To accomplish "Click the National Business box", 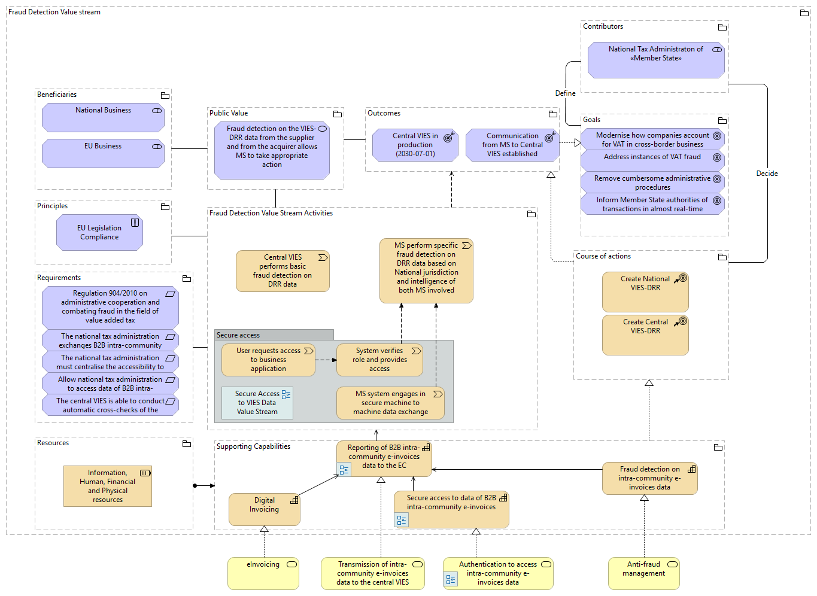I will pyautogui.click(x=103, y=117).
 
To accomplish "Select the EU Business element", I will pyautogui.click(x=103, y=153).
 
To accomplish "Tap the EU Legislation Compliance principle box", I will pyautogui.click(x=99, y=233).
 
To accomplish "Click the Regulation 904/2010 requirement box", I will pyautogui.click(x=110, y=307).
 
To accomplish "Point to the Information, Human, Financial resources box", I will pyautogui.click(x=108, y=486).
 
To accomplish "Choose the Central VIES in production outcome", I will pyautogui.click(x=415, y=145).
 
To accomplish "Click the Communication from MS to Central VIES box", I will pyautogui.click(x=512, y=145).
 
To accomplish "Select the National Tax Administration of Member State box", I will pyautogui.click(x=656, y=60).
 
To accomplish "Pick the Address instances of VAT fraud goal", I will pyautogui.click(x=652, y=159).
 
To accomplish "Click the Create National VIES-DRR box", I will pyautogui.click(x=645, y=292).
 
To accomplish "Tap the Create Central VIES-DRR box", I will pyautogui.click(x=645, y=335).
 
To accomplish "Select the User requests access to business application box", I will pyautogui.click(x=268, y=360).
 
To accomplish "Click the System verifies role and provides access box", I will pyautogui.click(x=379, y=360).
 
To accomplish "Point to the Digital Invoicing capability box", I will pyautogui.click(x=264, y=509).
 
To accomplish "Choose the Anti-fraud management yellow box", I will pyautogui.click(x=643, y=573).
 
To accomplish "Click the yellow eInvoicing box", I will pyautogui.click(x=263, y=573).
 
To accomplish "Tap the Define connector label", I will pyautogui.click(x=565, y=93).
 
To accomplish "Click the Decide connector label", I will pyautogui.click(x=767, y=174).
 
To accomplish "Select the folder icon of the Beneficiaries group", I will pyautogui.click(x=165, y=95).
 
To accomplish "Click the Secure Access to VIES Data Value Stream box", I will pyautogui.click(x=257, y=403).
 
